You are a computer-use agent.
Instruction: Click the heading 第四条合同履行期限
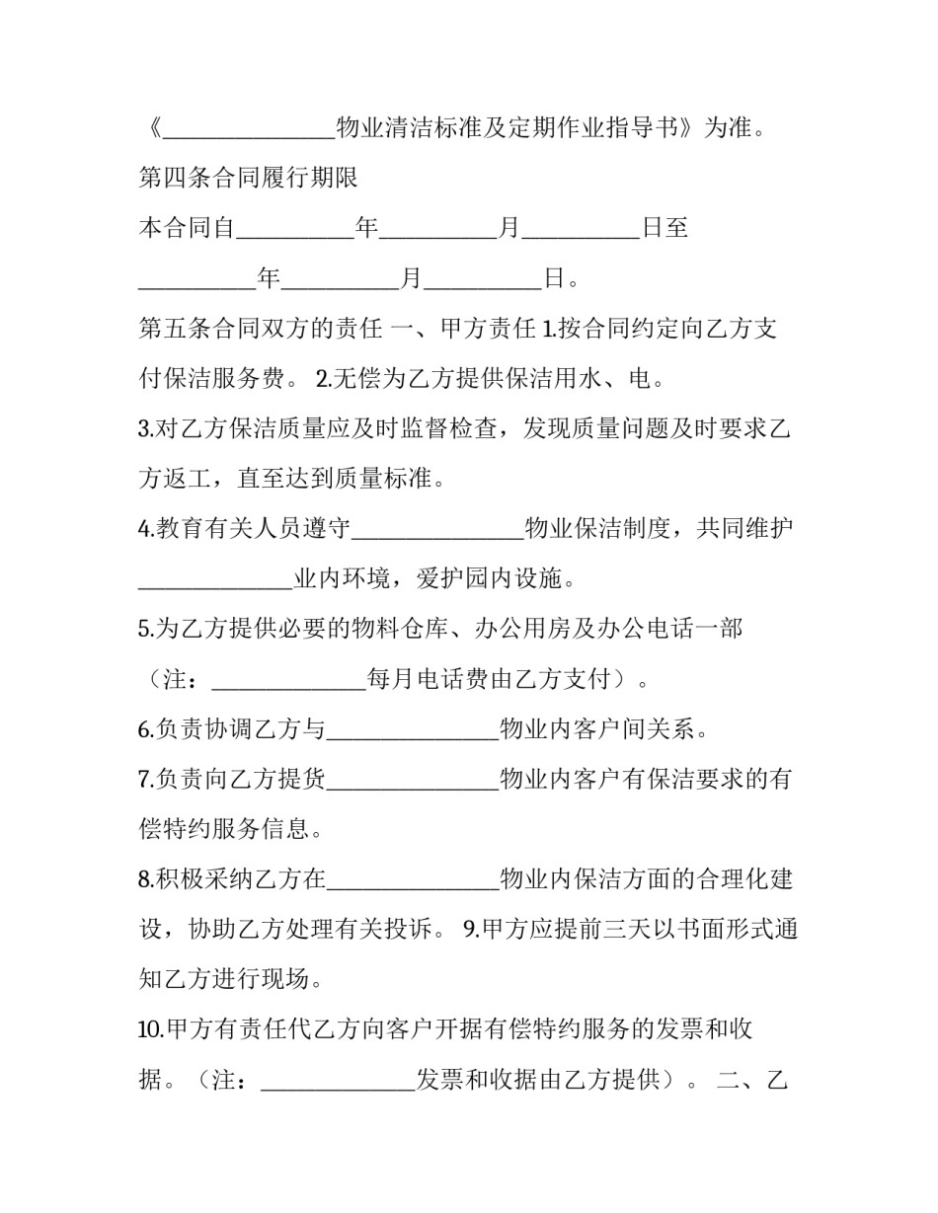(x=248, y=179)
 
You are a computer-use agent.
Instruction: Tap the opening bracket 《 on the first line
(x=150, y=129)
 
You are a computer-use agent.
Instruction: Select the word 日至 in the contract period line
(x=664, y=229)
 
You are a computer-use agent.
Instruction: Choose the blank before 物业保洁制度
(x=437, y=530)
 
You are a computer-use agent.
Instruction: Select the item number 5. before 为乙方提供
(x=144, y=630)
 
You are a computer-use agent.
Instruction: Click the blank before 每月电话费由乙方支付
(x=289, y=680)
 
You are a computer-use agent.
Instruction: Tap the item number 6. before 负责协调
(x=144, y=730)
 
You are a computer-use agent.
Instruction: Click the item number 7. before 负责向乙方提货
(x=144, y=780)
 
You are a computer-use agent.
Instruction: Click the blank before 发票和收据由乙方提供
(x=338, y=1081)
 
